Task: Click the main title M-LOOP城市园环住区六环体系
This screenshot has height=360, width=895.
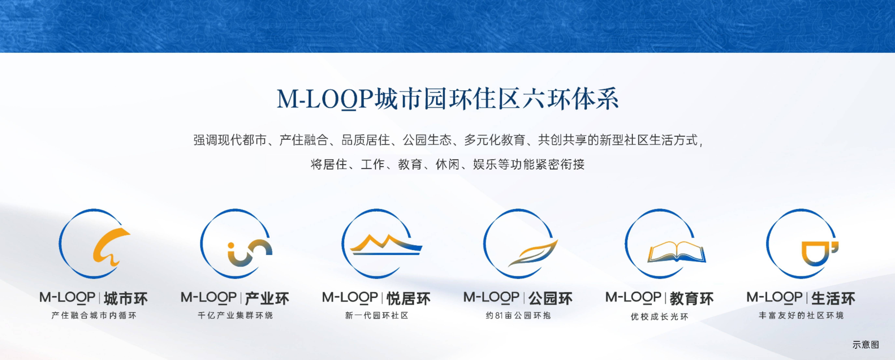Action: pyautogui.click(x=447, y=99)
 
